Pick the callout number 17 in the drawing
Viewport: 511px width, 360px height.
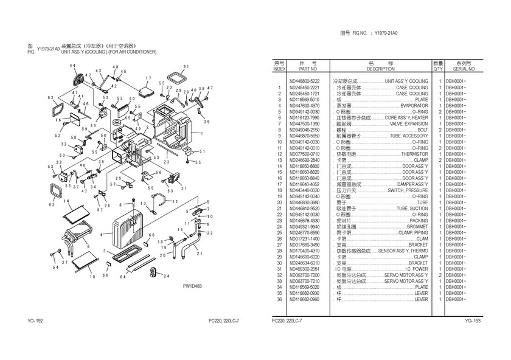pyautogui.click(x=148, y=78)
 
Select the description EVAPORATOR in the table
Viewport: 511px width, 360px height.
pyautogui.click(x=413, y=105)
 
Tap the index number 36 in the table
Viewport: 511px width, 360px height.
pyautogui.click(x=279, y=300)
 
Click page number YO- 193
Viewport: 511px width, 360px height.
pyautogui.click(x=473, y=321)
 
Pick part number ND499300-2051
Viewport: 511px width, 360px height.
pyautogui.click(x=304, y=269)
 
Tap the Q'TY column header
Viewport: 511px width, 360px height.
pyautogui.click(x=438, y=69)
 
